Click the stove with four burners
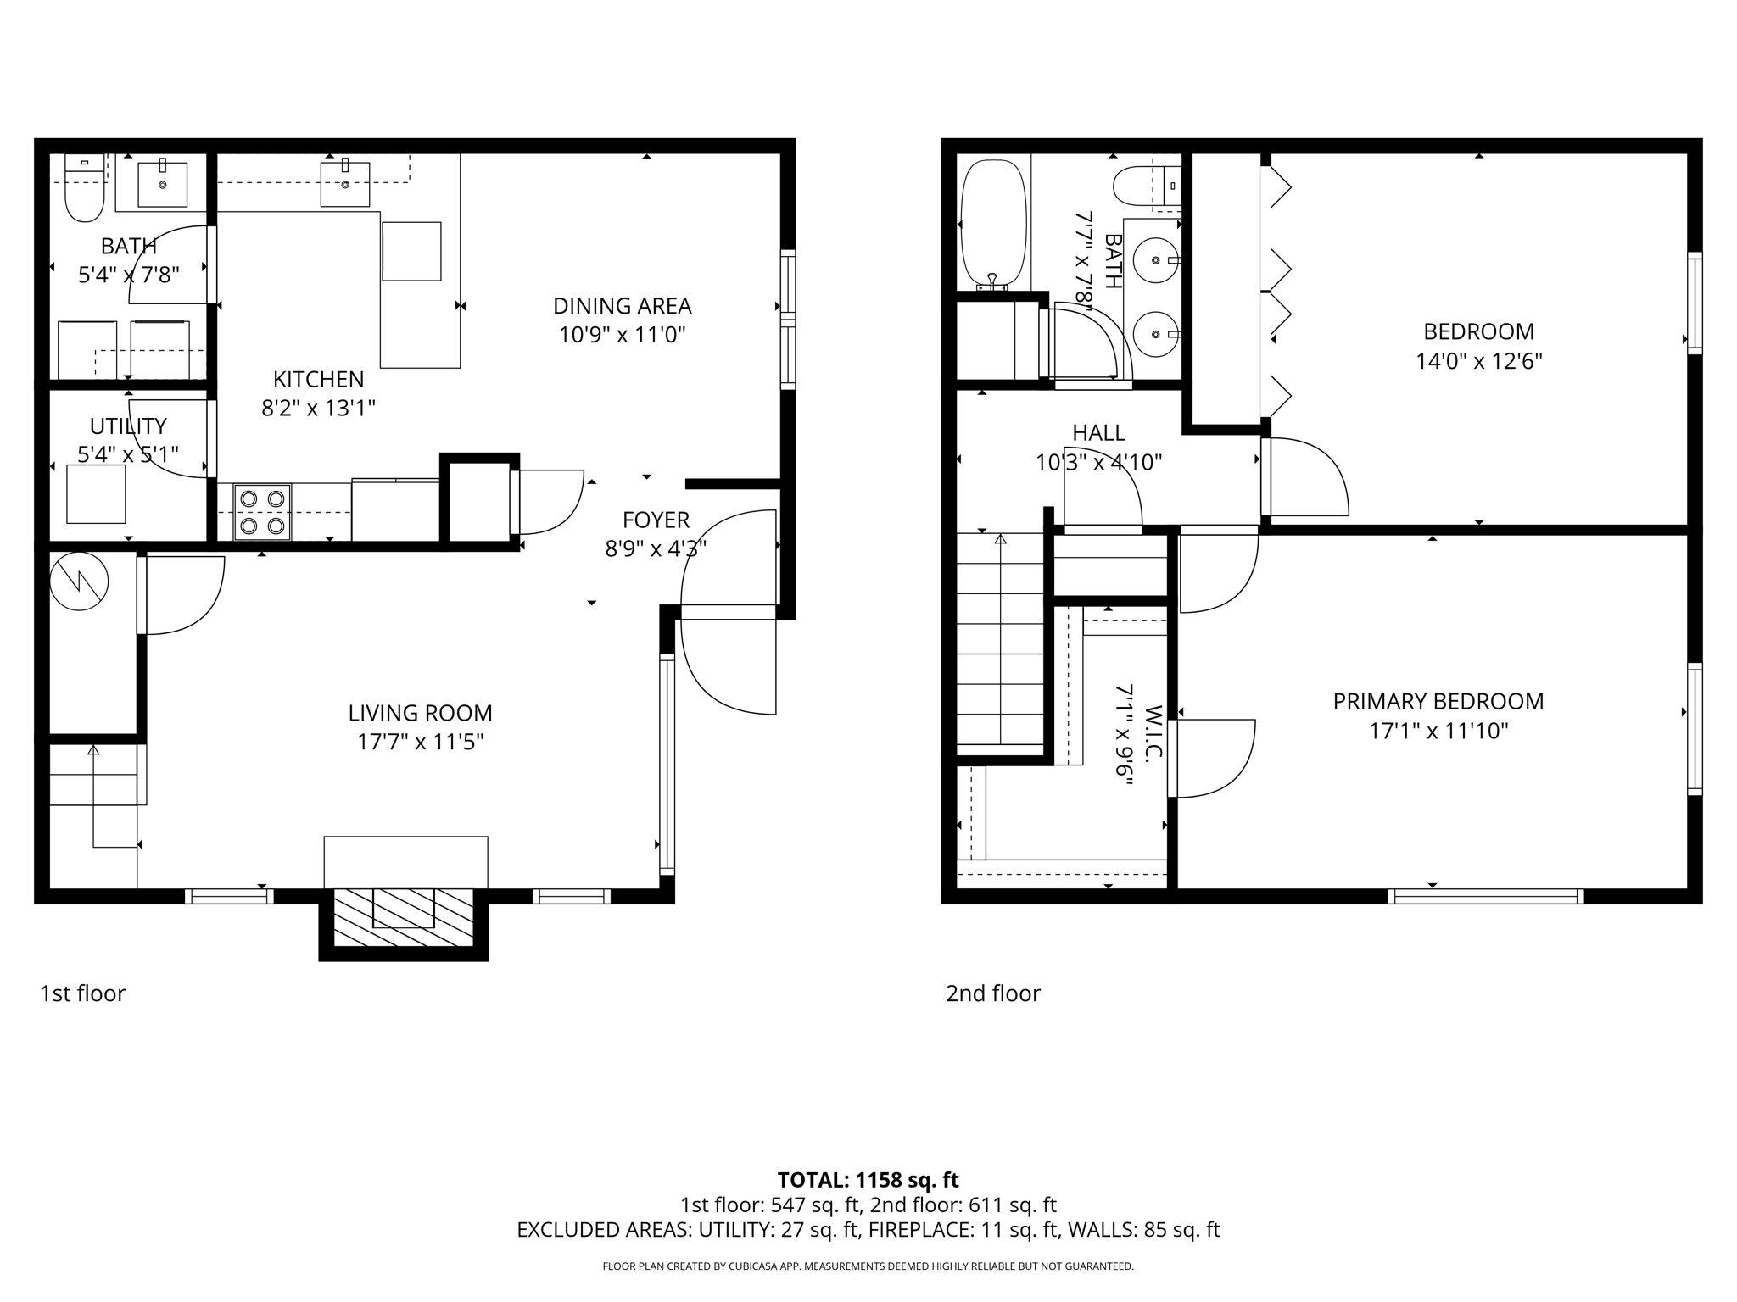point(262,512)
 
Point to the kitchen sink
point(345,184)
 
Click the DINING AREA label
point(622,306)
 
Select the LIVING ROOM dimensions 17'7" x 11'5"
point(420,743)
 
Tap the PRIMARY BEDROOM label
point(1438,702)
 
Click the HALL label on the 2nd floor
point(1098,433)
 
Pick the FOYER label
point(656,520)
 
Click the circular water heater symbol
point(79,581)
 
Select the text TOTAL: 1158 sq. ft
point(868,1180)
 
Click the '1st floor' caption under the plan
point(82,993)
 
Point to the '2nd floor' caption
point(992,993)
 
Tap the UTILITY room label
point(128,426)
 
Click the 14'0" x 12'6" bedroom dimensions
point(1478,362)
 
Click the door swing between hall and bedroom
point(1306,479)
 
